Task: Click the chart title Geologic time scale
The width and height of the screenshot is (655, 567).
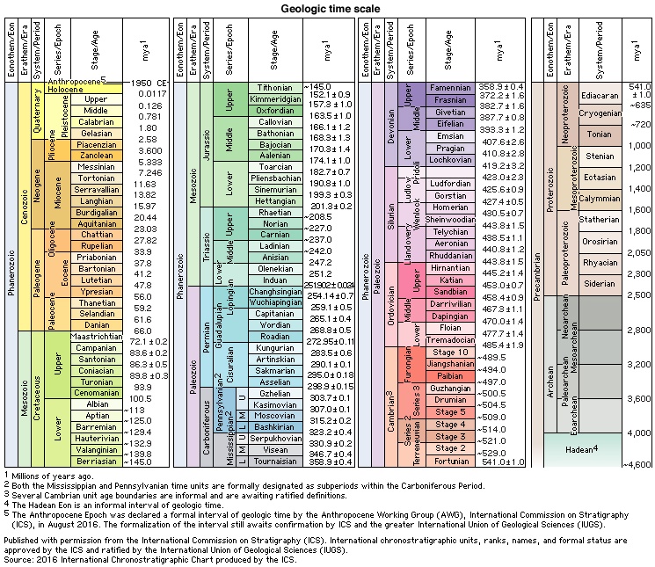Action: click(x=327, y=9)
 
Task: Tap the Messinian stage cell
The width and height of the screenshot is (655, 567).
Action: click(x=102, y=164)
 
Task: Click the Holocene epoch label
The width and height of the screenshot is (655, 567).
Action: click(x=40, y=90)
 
